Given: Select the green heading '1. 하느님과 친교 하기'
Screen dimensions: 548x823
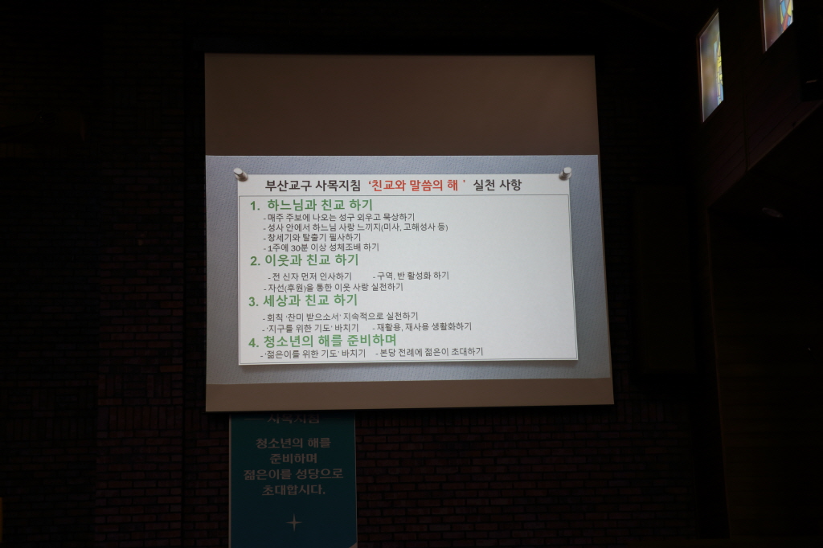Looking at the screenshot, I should pos(310,205).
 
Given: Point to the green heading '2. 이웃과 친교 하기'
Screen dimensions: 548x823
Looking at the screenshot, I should pos(304,260).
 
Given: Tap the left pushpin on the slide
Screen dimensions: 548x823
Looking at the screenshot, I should pos(240,174).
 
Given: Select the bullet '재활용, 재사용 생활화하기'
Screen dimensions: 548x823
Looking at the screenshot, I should pos(422,327).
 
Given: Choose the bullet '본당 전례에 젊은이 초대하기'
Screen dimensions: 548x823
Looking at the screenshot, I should pos(429,352).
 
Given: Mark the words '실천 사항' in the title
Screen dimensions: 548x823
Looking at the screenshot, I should pos(497,186).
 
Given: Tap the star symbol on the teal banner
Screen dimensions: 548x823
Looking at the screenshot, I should pos(294,522).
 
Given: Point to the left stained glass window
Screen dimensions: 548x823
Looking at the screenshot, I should pos(710,66).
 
